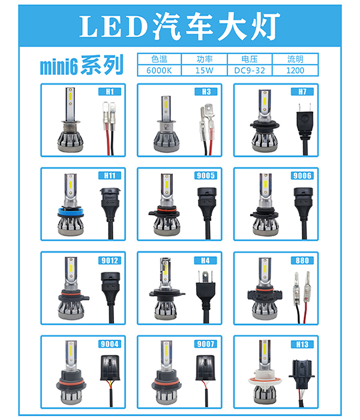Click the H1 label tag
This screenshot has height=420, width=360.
pos(109,92)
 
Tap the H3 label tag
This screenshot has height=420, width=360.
pos(206,92)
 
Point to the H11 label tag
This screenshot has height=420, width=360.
pos(109,175)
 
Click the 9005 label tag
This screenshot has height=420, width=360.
pos(206,175)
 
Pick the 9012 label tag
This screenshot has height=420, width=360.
pos(109,260)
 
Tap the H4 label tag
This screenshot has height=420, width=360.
pos(206,260)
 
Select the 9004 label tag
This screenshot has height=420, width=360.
pos(109,344)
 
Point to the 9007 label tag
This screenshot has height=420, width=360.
pos(206,344)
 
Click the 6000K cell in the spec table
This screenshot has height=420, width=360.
pos(159,70)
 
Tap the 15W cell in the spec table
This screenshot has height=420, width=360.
pos(205,70)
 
